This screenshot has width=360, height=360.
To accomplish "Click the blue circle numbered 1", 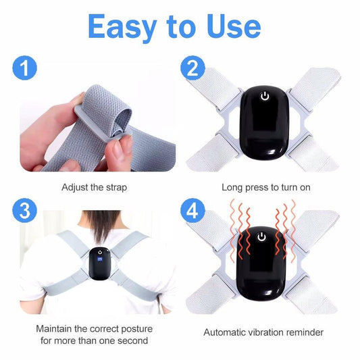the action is pyautogui.click(x=24, y=68).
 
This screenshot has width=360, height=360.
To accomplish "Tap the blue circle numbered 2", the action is pyautogui.click(x=192, y=68).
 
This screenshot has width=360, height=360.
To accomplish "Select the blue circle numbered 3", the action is pyautogui.click(x=24, y=211).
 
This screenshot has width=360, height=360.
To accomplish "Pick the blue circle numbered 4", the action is pyautogui.click(x=192, y=211).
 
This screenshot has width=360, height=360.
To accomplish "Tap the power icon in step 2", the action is pyautogui.click(x=265, y=97).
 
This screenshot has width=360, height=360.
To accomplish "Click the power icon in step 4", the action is pyautogui.click(x=261, y=237).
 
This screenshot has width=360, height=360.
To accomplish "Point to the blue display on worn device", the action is pyautogui.click(x=100, y=259).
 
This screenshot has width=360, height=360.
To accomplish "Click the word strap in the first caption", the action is pyautogui.click(x=116, y=188).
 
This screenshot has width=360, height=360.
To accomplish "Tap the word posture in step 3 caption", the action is pyautogui.click(x=136, y=329).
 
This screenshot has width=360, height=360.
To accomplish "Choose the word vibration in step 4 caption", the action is pyautogui.click(x=265, y=332).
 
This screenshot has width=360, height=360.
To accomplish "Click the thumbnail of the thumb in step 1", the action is pyautogui.click(x=122, y=145).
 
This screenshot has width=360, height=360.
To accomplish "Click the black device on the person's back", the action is pyautogui.click(x=100, y=263).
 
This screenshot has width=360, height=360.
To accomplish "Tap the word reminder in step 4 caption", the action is pyautogui.click(x=305, y=332).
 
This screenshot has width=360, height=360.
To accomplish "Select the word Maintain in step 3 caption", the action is pyautogui.click(x=54, y=329).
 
